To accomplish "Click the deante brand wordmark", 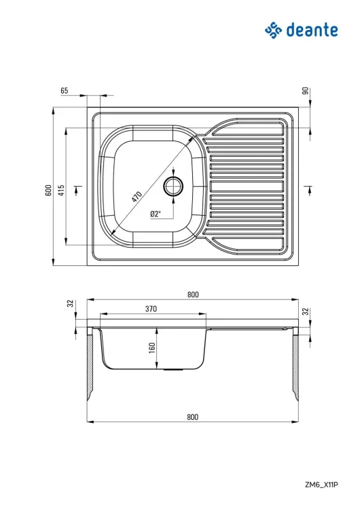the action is [312, 30].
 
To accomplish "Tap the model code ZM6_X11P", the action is [321, 485].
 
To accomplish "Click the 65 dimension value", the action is [65, 90].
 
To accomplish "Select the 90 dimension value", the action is [306, 91].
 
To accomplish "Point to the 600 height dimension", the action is [48, 190].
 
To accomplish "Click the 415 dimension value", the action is [61, 190].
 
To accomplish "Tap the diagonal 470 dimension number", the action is [137, 197].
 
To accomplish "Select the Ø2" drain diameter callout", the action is [156, 214].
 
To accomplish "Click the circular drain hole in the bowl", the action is [173, 187].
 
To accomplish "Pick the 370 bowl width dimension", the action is [151, 309].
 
